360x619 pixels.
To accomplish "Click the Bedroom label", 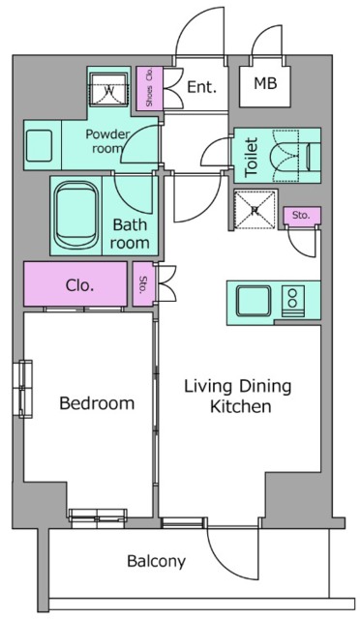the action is point(97,403).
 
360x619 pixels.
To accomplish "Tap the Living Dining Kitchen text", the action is point(237,396).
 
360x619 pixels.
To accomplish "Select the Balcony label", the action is point(156,561).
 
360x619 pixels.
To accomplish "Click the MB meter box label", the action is point(265,83).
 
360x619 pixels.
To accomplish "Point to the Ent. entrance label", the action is point(201,87).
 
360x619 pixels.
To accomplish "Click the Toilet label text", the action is point(252,157).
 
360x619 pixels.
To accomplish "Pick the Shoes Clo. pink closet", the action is point(149,88).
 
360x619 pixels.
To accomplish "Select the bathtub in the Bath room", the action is point(75,215).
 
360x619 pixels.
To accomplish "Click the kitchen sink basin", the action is point(254,301).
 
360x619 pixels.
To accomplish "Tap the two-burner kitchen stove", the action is point(293,301).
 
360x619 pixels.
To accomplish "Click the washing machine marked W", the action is point(108,90).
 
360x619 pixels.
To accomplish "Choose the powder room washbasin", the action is point(39,145).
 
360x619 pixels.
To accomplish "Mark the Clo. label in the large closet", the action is point(79,284).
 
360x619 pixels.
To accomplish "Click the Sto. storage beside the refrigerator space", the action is point(302,215).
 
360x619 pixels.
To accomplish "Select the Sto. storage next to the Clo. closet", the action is point(142,283).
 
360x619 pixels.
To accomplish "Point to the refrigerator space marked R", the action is point(255,210).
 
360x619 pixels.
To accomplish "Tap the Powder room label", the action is point(107,141).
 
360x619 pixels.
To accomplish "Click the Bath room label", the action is point(130,234).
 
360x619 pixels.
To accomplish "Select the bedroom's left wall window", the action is point(25,389).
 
